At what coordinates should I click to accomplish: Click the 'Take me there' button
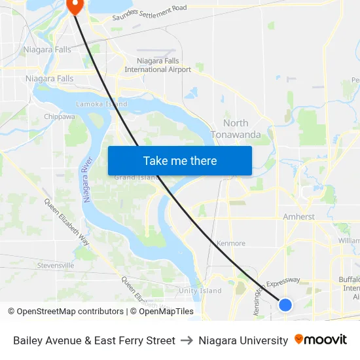pyautogui.click(x=180, y=160)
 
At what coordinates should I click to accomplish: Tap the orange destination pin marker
pyautogui.click(x=75, y=6)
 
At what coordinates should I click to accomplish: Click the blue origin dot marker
pyautogui.click(x=285, y=304)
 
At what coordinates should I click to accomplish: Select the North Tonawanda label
pyautogui.click(x=236, y=129)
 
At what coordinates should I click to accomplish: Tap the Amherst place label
pyautogui.click(x=299, y=217)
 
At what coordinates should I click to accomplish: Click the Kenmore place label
pyautogui.click(x=230, y=243)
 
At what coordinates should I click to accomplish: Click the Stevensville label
pyautogui.click(x=56, y=266)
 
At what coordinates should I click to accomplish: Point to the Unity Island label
pyautogui.click(x=200, y=291)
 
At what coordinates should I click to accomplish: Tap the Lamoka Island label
pyautogui.click(x=101, y=104)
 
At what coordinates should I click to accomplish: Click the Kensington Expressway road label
pyautogui.click(x=276, y=288)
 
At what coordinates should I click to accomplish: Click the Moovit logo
pyautogui.click(x=321, y=340)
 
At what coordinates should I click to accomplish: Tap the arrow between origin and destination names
pyautogui.click(x=187, y=340)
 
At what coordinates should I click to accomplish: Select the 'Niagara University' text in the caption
pyautogui.click(x=243, y=340)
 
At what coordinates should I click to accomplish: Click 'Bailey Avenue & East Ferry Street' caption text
pyautogui.click(x=94, y=340)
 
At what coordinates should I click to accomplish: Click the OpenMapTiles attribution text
pyautogui.click(x=162, y=312)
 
